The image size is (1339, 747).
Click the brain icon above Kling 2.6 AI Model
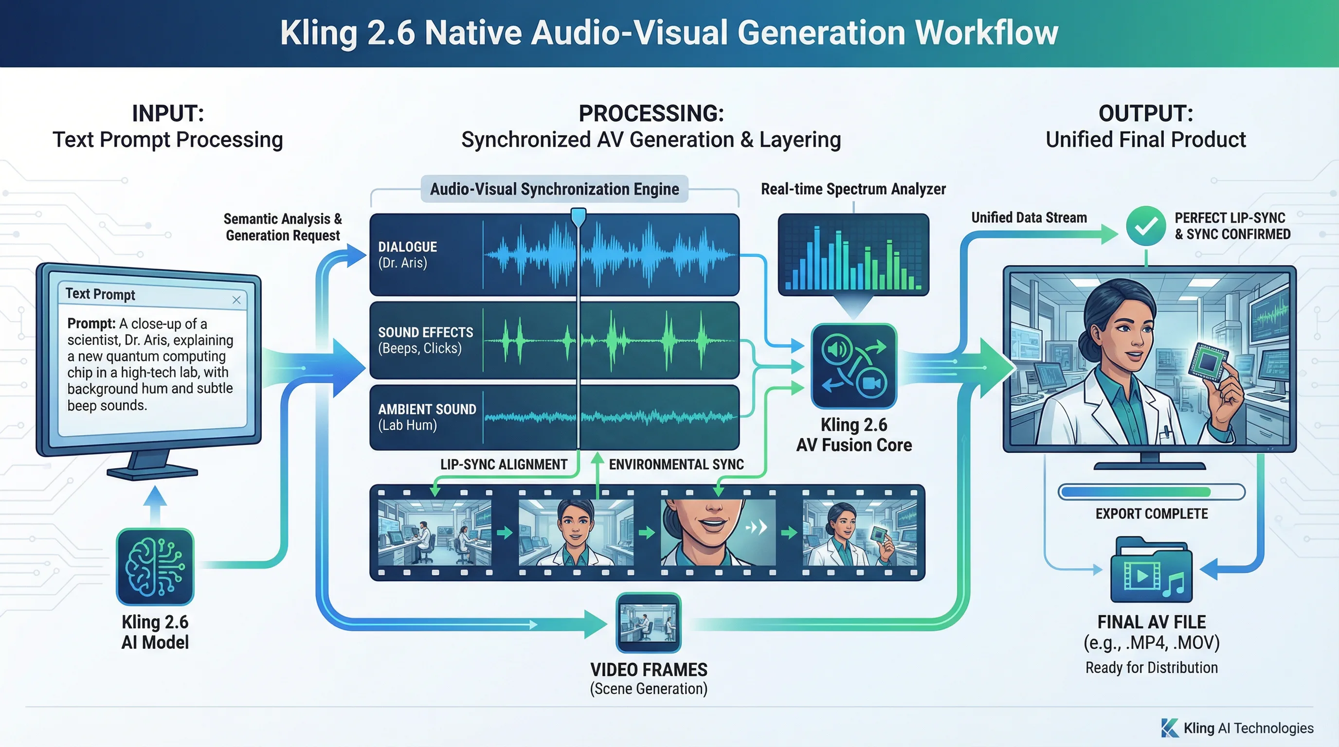[155, 567]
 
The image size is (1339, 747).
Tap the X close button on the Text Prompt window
[236, 300]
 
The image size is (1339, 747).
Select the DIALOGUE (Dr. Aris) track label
[408, 254]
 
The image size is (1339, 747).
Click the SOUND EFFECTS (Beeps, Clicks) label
[425, 340]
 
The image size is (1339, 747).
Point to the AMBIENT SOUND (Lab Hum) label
[427, 417]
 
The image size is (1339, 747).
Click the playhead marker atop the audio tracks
[578, 216]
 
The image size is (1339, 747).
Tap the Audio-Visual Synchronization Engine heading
[554, 189]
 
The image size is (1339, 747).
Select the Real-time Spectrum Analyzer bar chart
[853, 254]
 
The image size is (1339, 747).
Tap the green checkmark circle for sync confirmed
[1146, 226]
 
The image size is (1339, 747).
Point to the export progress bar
[1151, 491]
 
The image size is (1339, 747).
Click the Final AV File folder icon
[1151, 571]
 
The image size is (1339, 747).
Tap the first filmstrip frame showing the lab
[434, 533]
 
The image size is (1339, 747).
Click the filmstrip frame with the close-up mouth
[717, 533]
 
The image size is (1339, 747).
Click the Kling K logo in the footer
[1170, 728]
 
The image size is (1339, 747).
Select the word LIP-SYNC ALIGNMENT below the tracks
[503, 464]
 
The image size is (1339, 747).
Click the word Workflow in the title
[986, 33]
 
